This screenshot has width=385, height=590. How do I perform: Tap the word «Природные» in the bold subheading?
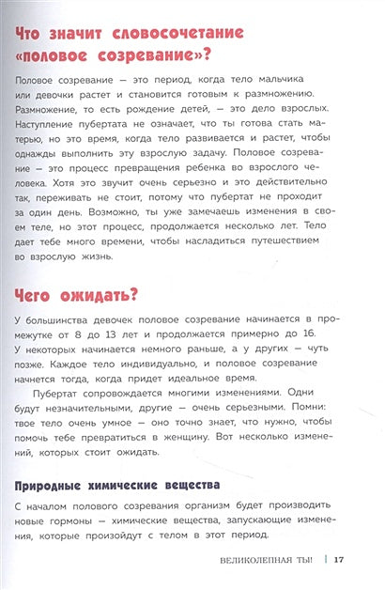(x=54, y=540)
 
